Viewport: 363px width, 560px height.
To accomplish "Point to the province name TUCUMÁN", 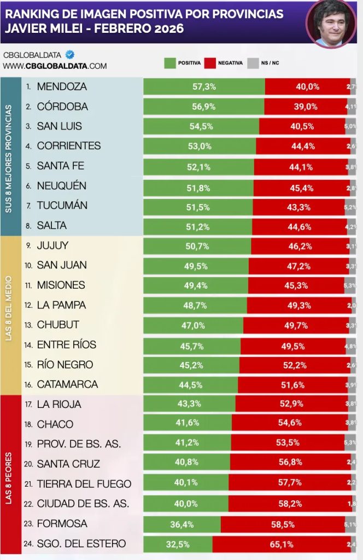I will (62, 206).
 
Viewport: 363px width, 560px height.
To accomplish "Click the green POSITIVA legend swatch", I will (169, 63).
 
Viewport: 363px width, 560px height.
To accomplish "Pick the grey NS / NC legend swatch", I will (253, 63).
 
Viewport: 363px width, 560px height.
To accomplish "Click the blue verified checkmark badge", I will (70, 55).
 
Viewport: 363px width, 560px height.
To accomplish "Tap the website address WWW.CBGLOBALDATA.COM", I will (55, 66).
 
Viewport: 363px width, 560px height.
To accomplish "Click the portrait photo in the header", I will (331, 23).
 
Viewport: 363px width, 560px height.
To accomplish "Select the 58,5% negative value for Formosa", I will (282, 524).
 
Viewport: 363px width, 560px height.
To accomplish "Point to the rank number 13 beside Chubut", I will (28, 325).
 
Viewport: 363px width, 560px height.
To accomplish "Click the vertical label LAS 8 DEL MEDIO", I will (9, 316).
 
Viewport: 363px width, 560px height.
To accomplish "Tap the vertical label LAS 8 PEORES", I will (9, 474).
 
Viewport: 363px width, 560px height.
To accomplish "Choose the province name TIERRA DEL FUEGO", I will (84, 484).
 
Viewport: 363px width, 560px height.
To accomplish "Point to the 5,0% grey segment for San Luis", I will (350, 126).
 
